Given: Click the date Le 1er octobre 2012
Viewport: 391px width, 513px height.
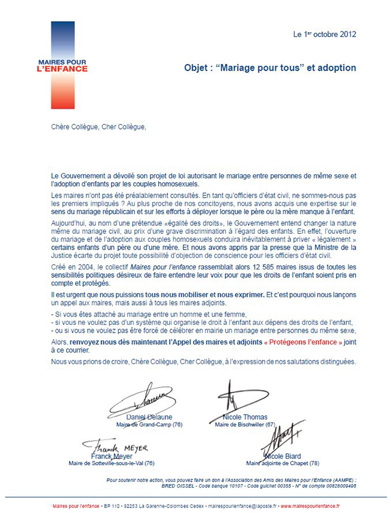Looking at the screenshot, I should click(x=324, y=34).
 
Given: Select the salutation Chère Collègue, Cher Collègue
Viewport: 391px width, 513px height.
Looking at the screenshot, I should click(x=99, y=127).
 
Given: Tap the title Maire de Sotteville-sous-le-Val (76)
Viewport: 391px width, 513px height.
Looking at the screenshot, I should click(x=112, y=464).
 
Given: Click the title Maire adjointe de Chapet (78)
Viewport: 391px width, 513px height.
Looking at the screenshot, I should click(x=283, y=464).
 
